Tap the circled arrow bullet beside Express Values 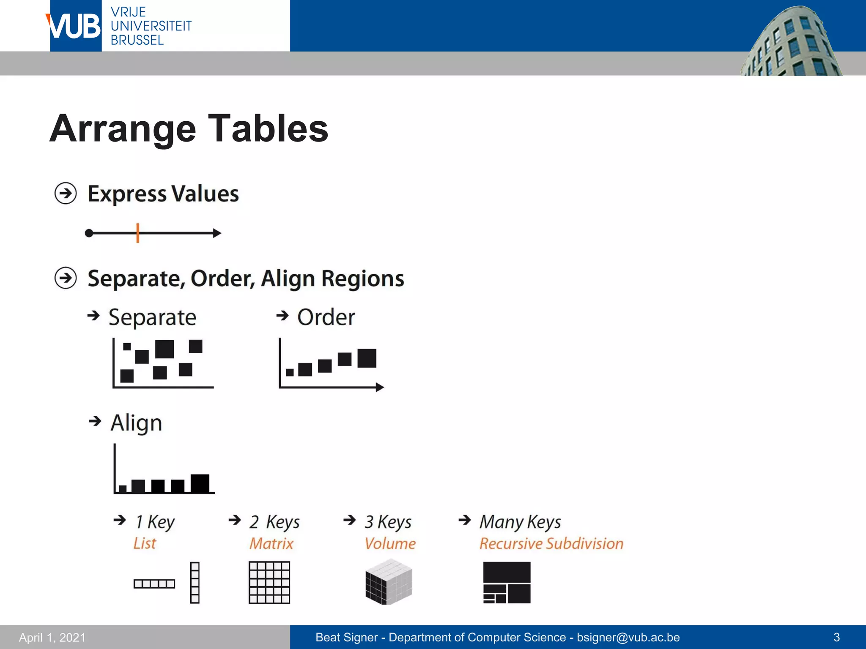pyautogui.click(x=66, y=194)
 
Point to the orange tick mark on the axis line pyautogui.click(x=138, y=233)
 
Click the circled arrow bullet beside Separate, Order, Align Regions pyautogui.click(x=66, y=278)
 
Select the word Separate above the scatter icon pyautogui.click(x=152, y=317)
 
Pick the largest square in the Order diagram pyautogui.click(x=367, y=358)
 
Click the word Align pyautogui.click(x=136, y=423)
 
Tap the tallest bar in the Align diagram pyautogui.click(x=200, y=483)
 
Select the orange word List pyautogui.click(x=145, y=543)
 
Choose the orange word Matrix pyautogui.click(x=271, y=543)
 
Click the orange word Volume pyautogui.click(x=390, y=543)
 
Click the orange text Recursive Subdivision pyautogui.click(x=551, y=543)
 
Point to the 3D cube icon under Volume pyautogui.click(x=389, y=582)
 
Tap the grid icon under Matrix pyautogui.click(x=269, y=582)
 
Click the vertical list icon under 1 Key pyautogui.click(x=195, y=582)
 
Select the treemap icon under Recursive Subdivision pyautogui.click(x=507, y=582)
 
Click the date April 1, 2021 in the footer pyautogui.click(x=52, y=637)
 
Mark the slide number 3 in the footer pyautogui.click(x=836, y=637)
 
